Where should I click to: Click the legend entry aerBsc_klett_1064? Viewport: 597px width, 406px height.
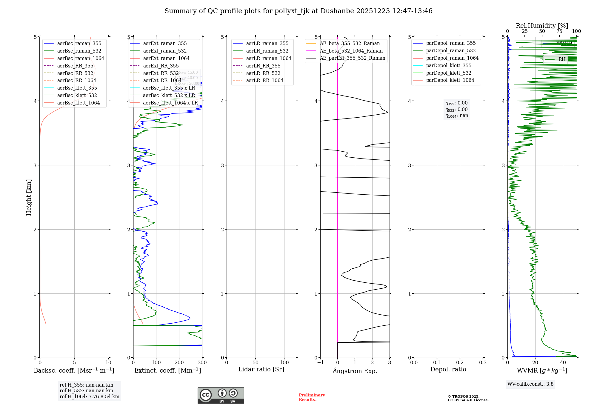click(78, 103)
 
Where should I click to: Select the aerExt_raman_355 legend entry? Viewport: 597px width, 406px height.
click(165, 44)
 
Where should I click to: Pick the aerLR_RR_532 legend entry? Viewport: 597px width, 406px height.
click(263, 73)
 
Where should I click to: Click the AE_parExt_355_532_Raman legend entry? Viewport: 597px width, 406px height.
click(352, 58)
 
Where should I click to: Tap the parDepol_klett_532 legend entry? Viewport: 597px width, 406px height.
click(448, 73)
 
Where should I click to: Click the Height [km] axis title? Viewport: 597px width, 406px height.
click(29, 197)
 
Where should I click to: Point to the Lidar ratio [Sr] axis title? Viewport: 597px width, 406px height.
click(261, 370)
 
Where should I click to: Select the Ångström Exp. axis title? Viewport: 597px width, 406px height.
click(355, 371)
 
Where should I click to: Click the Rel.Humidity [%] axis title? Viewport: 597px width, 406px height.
click(542, 26)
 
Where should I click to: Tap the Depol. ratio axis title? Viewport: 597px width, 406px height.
click(448, 370)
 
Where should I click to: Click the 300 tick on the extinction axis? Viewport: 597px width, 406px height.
click(202, 363)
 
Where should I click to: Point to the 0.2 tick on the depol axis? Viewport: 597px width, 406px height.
click(460, 363)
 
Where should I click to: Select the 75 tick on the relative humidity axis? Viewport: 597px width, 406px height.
click(559, 31)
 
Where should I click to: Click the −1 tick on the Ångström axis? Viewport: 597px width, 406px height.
click(320, 363)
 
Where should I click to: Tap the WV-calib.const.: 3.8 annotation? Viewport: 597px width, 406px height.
click(530, 384)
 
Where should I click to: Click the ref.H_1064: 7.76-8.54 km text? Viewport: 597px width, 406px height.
click(89, 397)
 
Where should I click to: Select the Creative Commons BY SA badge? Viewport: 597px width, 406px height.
click(221, 395)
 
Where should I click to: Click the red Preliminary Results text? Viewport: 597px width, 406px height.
click(312, 397)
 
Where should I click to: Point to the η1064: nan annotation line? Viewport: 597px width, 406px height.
click(457, 116)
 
